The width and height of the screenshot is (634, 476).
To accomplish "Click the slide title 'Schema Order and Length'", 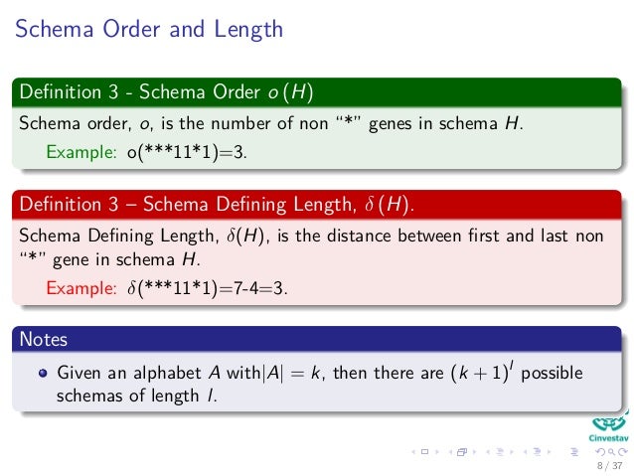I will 148,30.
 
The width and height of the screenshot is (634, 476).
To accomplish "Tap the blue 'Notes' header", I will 43,339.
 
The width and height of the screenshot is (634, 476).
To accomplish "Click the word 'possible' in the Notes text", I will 552,375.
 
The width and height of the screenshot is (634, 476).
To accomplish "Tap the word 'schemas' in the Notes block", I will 87,397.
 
